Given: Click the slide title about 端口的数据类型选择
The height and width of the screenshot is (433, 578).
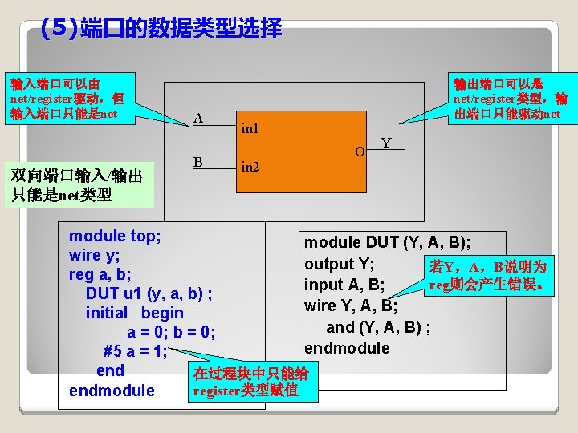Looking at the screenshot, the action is (x=161, y=30).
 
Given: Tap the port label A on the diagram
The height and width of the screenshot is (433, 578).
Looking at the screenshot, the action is (x=198, y=119).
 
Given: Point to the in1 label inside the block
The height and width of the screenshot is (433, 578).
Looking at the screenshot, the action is (x=250, y=127).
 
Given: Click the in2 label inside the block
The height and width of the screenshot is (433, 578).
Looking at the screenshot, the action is (x=250, y=168).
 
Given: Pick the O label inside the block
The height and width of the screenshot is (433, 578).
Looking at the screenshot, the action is (x=360, y=151).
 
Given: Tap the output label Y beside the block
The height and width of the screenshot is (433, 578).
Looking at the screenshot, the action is (x=386, y=143).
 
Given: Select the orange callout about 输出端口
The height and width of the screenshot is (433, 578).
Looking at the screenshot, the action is (x=509, y=98).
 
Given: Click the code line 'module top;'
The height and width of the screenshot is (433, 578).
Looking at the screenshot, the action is (x=115, y=236).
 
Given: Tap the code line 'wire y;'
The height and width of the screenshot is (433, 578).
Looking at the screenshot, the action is (x=95, y=255).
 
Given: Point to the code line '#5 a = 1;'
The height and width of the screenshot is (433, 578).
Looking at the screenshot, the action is (x=135, y=351).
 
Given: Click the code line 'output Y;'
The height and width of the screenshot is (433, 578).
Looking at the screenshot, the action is (x=346, y=264).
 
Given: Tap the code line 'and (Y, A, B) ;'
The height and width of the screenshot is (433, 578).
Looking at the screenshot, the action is (x=378, y=326).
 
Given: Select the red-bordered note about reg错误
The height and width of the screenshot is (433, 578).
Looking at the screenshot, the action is (x=489, y=275).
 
